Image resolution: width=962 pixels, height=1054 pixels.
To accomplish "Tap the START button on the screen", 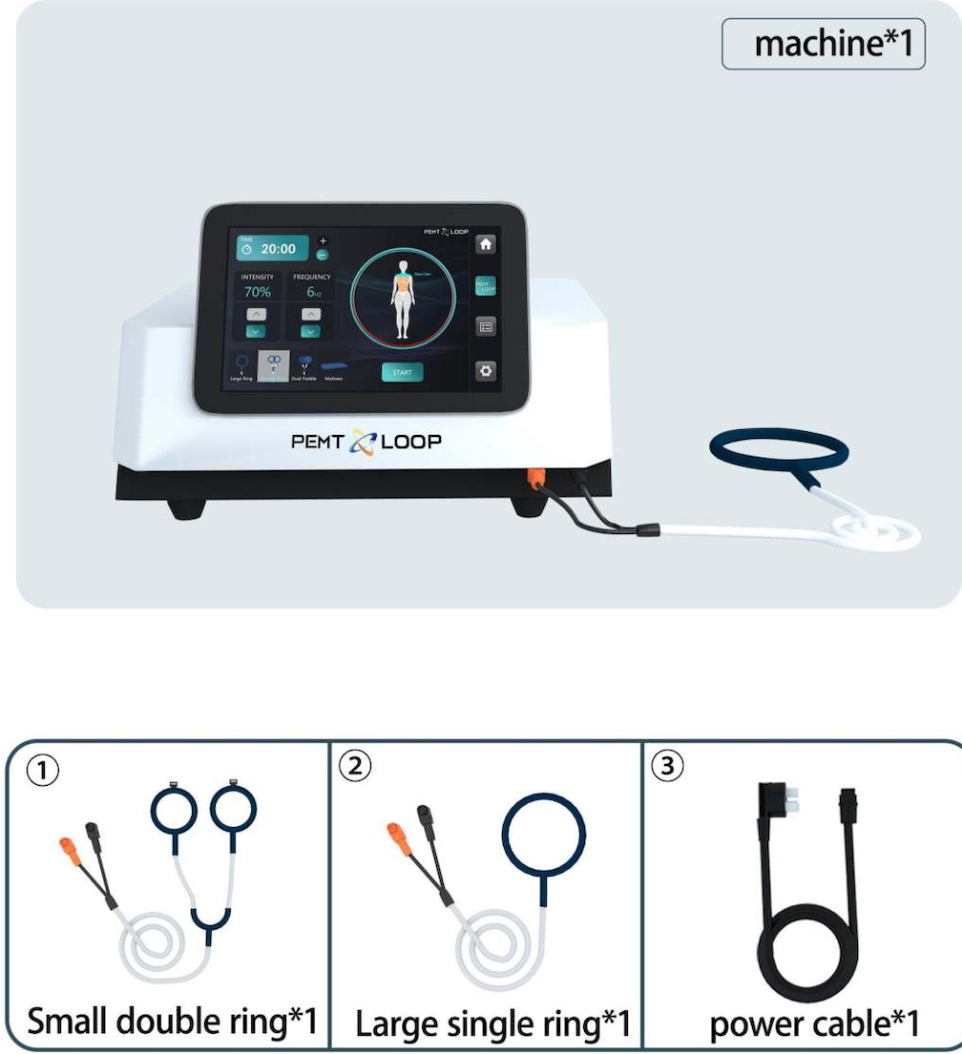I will tap(402, 372).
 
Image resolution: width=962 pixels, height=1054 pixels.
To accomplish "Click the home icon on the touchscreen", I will tap(486, 243).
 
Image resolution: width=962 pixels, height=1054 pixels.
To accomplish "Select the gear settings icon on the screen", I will tap(486, 371).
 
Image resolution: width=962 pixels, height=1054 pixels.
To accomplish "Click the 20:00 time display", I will tap(272, 248).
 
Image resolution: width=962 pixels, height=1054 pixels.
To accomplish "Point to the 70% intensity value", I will tap(258, 292).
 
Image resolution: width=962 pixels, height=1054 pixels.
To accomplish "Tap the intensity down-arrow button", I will tap(256, 331).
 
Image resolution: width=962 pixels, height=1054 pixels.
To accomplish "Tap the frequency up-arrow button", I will tap(310, 313).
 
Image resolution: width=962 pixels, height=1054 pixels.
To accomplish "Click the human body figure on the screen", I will tap(403, 296).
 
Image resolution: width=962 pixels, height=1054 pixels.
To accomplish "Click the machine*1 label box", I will tap(823, 44).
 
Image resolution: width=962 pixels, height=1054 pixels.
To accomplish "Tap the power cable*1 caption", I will tap(813, 1023).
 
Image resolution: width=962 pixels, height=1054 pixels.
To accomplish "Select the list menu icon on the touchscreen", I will tap(486, 327).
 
